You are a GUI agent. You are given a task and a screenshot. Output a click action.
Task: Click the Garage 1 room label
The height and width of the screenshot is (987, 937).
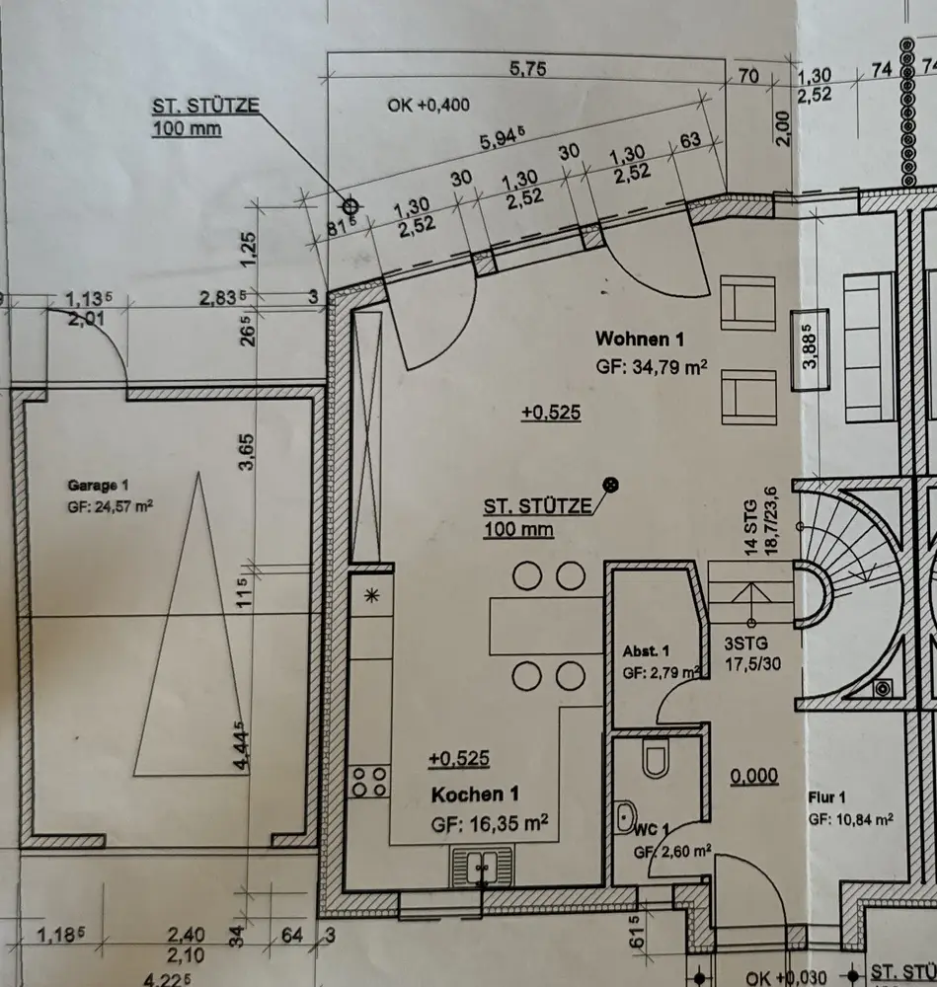click(98, 485)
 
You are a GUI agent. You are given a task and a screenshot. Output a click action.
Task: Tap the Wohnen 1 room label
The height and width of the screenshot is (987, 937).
click(640, 339)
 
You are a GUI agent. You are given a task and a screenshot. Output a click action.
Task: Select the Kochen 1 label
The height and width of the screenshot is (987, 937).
click(474, 795)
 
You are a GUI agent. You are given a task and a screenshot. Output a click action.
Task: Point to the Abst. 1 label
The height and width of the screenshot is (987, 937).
click(647, 651)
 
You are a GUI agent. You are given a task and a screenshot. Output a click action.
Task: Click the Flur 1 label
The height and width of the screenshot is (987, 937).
click(827, 797)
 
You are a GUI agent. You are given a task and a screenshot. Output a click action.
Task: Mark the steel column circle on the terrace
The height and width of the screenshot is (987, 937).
click(350, 206)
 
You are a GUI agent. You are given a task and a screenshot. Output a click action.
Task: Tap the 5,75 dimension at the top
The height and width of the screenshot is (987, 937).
click(527, 69)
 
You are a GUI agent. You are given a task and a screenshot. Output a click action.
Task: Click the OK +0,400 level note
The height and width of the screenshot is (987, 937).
click(429, 105)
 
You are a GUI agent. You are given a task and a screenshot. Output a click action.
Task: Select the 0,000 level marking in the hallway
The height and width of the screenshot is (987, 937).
click(754, 777)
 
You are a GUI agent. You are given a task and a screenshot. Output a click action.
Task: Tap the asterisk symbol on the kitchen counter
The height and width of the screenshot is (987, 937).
click(372, 594)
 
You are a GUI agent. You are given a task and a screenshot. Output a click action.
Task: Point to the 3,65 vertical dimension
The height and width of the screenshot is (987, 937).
click(250, 453)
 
